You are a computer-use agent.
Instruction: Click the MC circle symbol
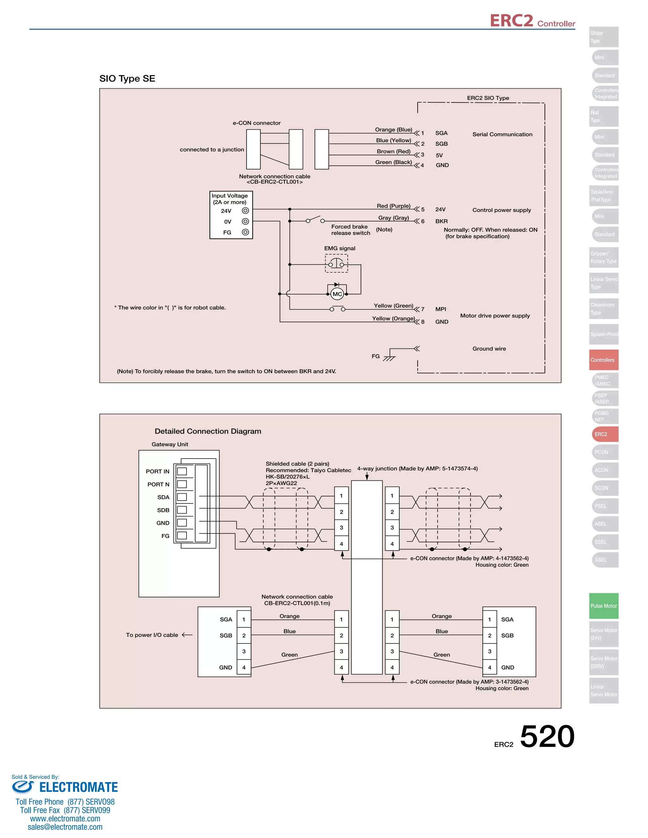click(x=337, y=294)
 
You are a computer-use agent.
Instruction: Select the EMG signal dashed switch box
click(x=336, y=264)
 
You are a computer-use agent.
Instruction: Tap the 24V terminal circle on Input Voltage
click(x=245, y=211)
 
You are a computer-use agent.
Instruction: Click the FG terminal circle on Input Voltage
click(x=245, y=232)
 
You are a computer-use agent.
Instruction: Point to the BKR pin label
click(x=441, y=221)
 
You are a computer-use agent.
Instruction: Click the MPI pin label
click(x=440, y=309)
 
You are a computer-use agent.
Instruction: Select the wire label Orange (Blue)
click(x=394, y=130)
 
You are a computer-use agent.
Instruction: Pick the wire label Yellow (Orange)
click(x=393, y=318)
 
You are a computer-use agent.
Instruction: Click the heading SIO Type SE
click(x=127, y=79)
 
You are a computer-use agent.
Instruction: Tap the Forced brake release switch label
click(x=350, y=230)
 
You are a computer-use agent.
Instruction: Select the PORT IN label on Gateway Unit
click(x=157, y=471)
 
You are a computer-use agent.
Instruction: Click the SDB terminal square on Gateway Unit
click(x=182, y=510)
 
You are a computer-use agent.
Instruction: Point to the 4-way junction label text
click(x=417, y=469)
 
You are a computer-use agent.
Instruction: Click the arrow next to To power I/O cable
click(x=187, y=635)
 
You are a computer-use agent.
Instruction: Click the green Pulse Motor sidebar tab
click(x=603, y=606)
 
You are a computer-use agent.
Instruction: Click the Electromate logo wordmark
click(x=78, y=787)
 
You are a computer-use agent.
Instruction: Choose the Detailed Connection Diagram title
click(x=208, y=431)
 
